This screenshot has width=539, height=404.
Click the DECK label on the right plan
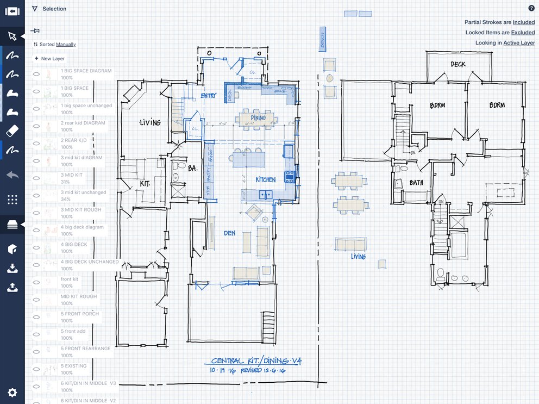coord(458,64)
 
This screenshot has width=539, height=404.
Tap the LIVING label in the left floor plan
coord(150,122)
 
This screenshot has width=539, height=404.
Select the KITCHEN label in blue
coord(266,179)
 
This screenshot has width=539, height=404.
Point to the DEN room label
coord(229,233)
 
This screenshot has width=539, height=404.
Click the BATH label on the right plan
coord(416,183)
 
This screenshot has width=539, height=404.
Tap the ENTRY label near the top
coord(208,96)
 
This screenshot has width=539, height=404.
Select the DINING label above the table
coord(258,117)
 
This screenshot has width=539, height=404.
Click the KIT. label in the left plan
coord(145,184)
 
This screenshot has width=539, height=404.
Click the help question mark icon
coord(531,8)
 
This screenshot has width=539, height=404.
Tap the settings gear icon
coord(12,392)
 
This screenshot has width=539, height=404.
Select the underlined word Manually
coord(66,45)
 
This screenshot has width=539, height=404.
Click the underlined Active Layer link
coord(519,43)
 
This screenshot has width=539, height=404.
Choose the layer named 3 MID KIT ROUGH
coord(81,210)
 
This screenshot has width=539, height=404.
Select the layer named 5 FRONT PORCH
coord(80,314)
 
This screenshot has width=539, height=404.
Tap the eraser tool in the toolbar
coord(12,131)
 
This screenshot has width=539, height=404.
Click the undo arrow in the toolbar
coord(12,175)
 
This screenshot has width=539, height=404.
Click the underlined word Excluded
coord(523,33)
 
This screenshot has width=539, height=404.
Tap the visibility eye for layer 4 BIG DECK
coord(36,247)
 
